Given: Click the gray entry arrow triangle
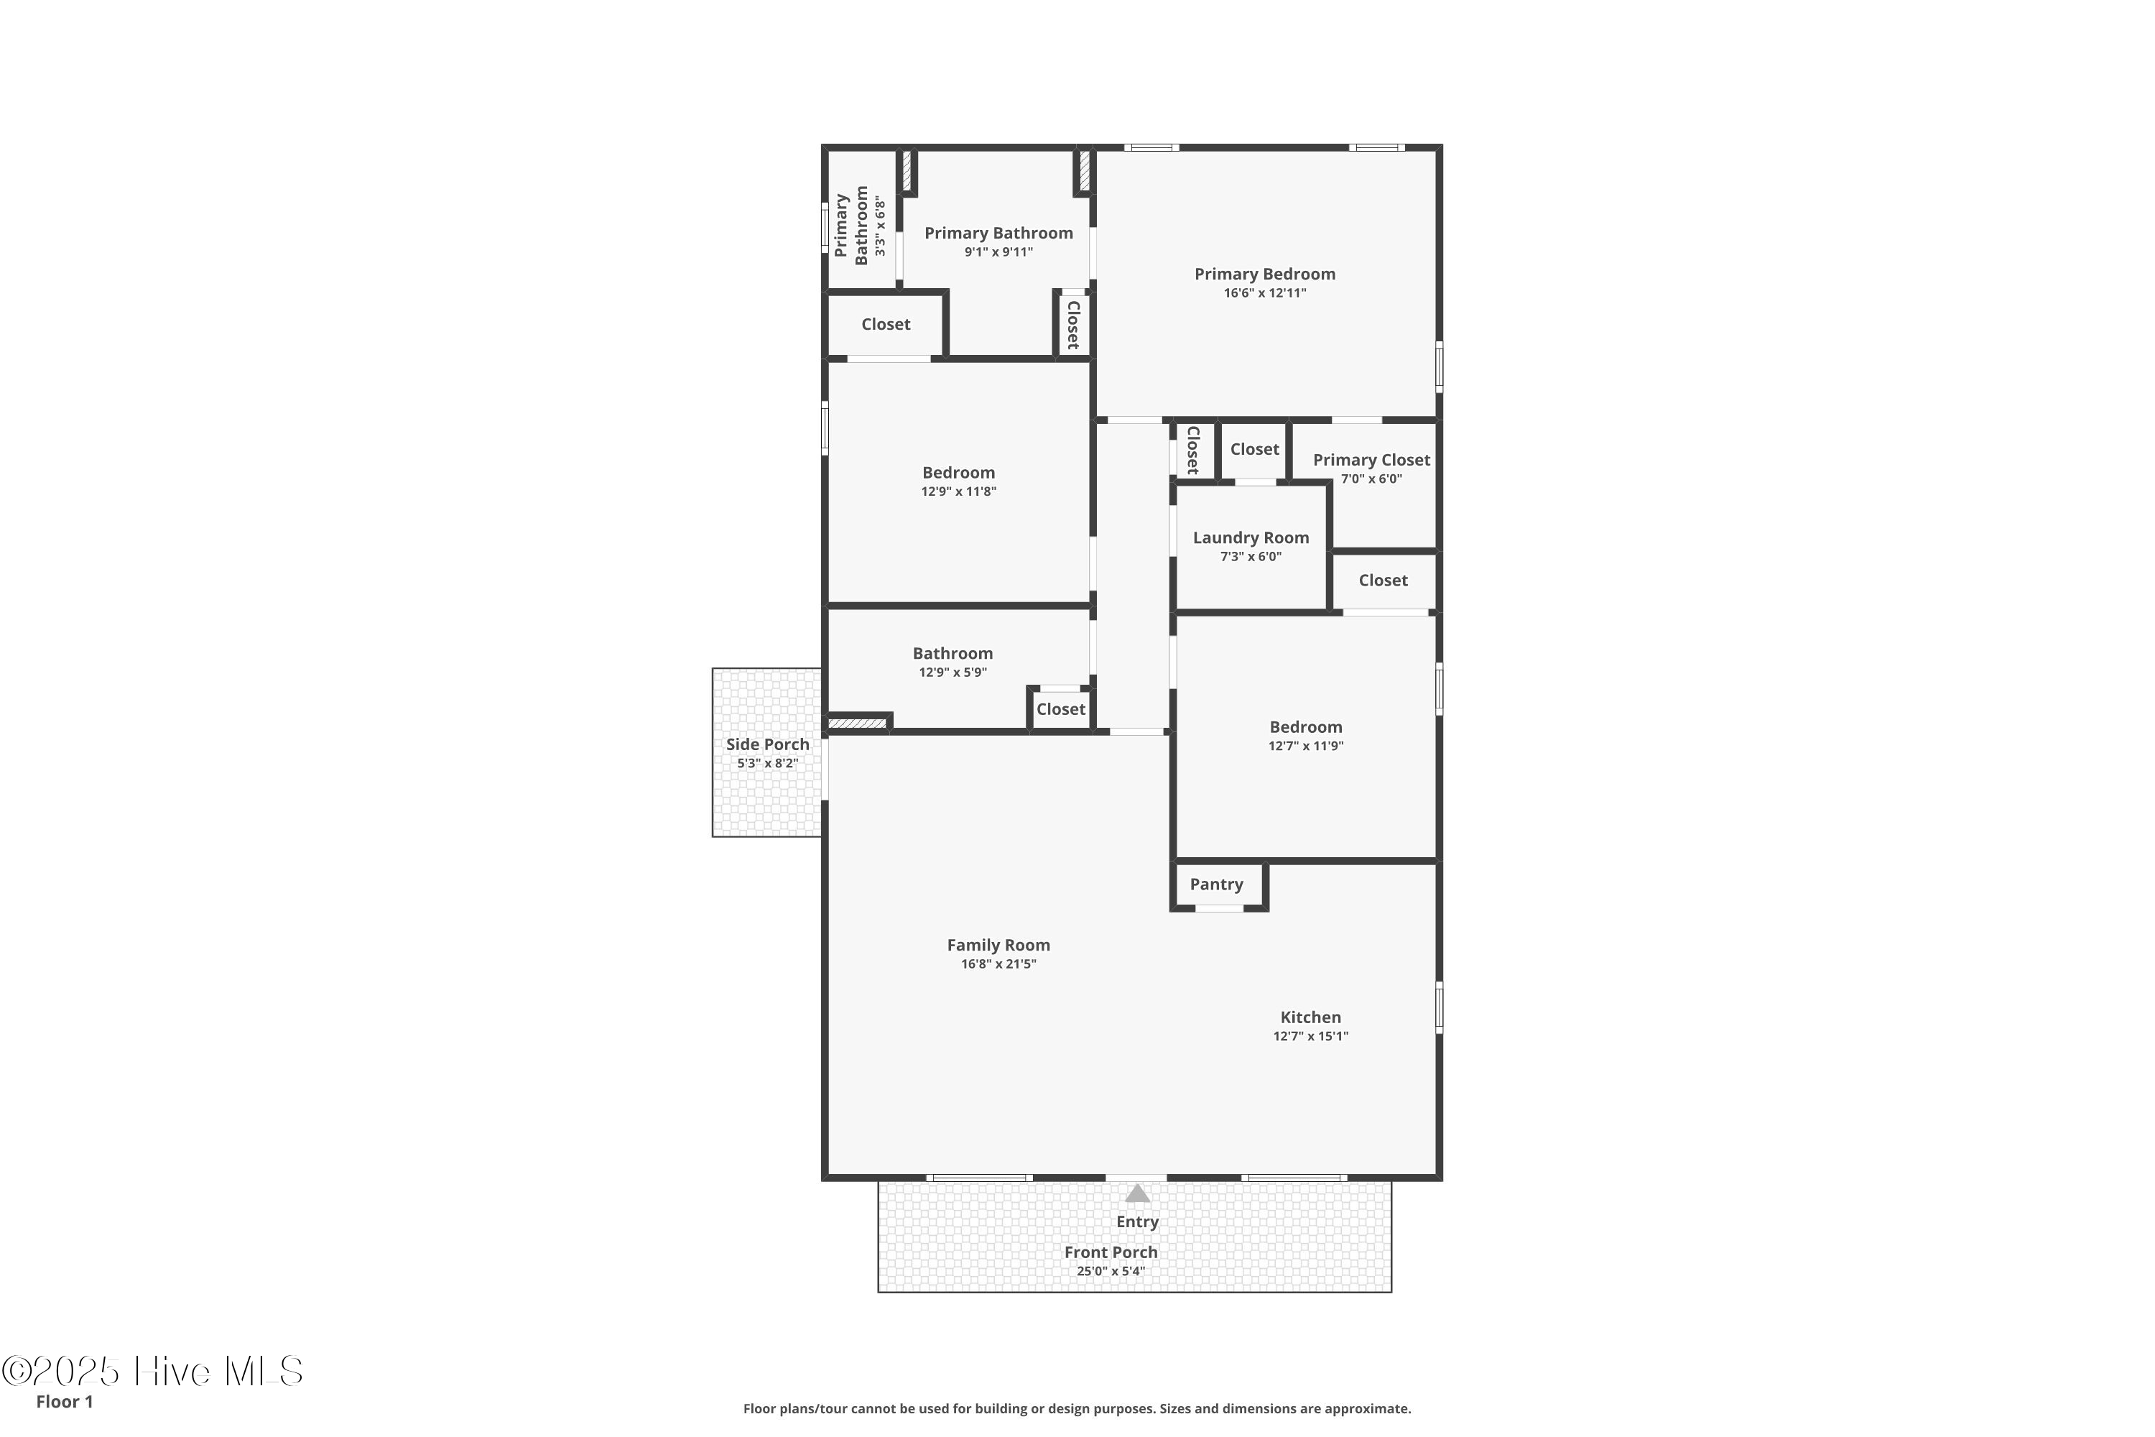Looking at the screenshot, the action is coord(1137,1193).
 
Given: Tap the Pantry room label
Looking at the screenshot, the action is coord(1216,884).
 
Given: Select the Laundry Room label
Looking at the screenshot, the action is coord(1251,538).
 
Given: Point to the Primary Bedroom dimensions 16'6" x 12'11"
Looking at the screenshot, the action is coord(1264,293).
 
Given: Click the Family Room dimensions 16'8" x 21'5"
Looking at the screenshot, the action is coord(998,964).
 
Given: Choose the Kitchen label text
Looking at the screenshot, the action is coord(1310,1017).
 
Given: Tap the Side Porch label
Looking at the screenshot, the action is coord(768,744).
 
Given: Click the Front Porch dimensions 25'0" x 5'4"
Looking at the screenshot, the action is coord(1111,1271).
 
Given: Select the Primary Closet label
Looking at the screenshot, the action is coord(1371,460).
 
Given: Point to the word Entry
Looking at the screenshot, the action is coord(1137,1221).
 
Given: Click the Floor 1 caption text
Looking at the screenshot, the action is coord(64,1401).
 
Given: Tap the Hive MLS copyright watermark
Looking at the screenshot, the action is coord(152,1371).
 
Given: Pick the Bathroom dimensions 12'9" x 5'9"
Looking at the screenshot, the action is coord(953,673).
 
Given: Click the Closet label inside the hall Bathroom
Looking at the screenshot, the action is coord(1061,709).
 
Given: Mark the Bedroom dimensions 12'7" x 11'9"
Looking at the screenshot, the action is coord(1306,746).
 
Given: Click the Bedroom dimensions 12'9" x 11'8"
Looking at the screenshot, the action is coord(958,491).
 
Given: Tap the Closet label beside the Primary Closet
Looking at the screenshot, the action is coord(1254,449).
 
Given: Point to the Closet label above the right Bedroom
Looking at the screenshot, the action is coord(1383,580).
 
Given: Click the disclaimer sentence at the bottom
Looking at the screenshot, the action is coord(1077,1408).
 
